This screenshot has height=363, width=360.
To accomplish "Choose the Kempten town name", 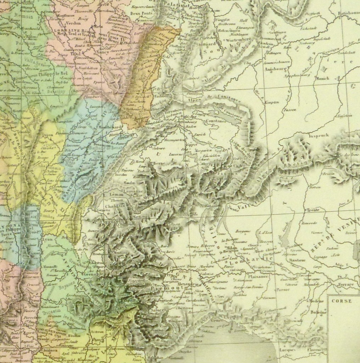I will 270,102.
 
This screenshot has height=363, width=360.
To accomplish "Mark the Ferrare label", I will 346,284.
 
